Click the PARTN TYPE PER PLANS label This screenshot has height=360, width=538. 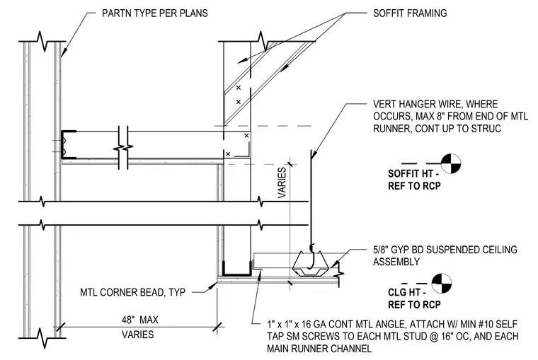155,13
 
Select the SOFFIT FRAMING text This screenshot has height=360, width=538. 410,13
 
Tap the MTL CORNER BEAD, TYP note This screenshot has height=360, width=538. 133,293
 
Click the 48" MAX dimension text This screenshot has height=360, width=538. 140,320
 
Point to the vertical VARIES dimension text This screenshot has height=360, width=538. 282,182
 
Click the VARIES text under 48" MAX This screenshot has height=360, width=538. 138,335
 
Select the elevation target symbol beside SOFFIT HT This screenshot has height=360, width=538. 451,164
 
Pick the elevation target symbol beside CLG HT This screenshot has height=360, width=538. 442,284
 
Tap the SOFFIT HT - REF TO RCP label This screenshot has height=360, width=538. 415,180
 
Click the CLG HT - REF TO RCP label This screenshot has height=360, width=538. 415,298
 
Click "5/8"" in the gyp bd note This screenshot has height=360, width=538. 381,250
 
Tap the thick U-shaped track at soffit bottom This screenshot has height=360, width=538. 236,269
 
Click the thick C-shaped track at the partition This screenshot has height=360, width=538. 68,145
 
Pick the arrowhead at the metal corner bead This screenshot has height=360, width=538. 213,285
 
